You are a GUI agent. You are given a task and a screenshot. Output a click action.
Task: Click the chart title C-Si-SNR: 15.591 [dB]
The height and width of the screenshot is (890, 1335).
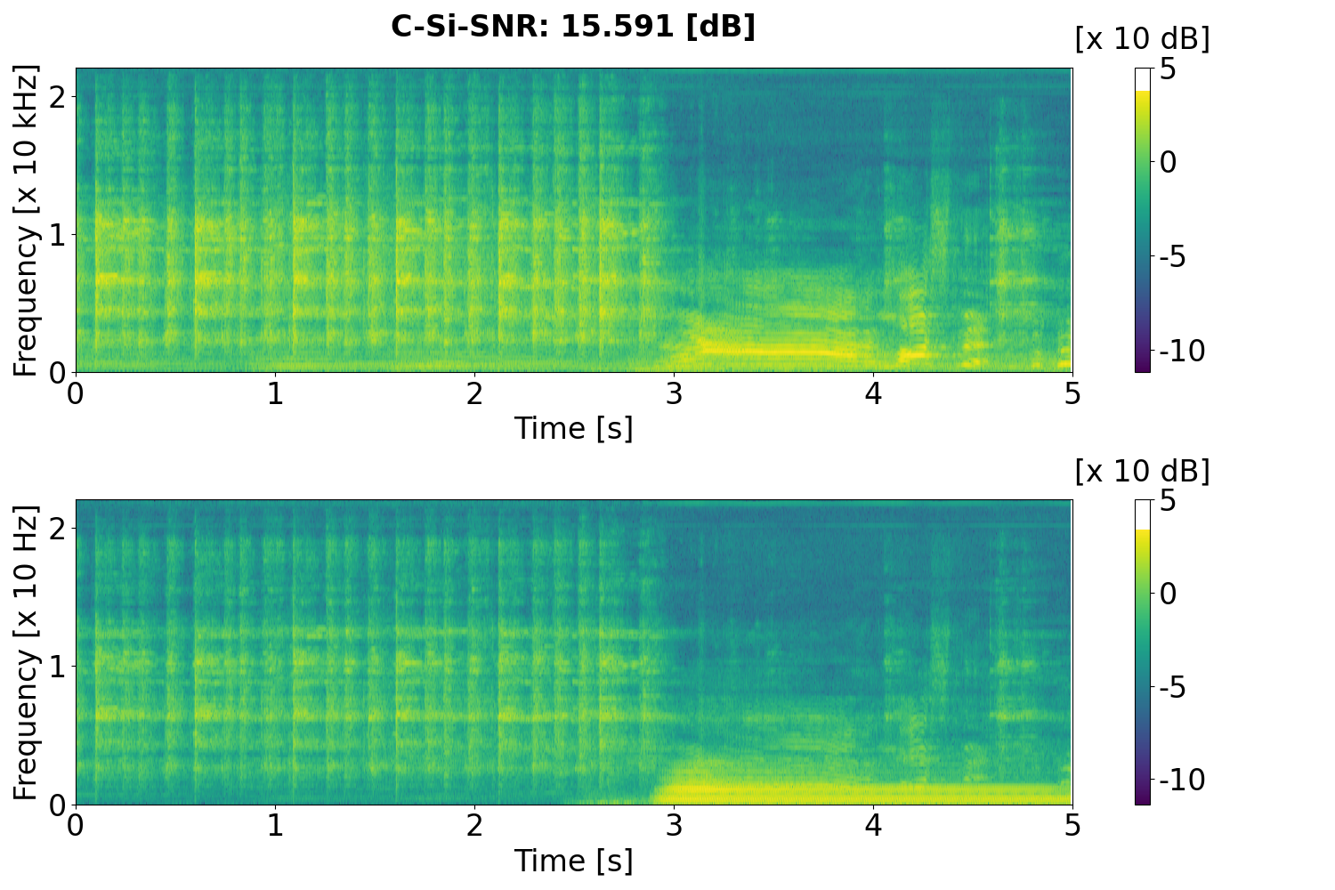click(x=573, y=27)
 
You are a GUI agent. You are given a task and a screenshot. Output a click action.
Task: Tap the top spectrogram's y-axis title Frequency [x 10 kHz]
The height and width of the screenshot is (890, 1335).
click(x=27, y=220)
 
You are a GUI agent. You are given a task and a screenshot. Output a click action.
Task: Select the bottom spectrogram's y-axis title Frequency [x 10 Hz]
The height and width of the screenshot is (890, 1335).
click(x=27, y=652)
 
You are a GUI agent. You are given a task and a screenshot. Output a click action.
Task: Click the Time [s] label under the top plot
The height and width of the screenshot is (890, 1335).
click(x=573, y=428)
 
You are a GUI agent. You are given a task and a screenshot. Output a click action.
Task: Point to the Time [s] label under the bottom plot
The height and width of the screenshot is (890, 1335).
click(x=573, y=861)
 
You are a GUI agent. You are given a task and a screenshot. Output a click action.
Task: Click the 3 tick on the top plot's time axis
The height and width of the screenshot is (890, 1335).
click(x=674, y=393)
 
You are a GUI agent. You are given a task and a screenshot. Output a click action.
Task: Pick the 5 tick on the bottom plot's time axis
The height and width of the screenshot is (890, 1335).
click(x=1072, y=826)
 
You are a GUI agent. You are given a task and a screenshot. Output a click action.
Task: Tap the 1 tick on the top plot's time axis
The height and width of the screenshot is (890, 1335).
click(x=275, y=393)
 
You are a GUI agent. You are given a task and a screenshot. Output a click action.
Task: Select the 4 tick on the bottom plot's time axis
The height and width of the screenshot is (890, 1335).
click(x=873, y=826)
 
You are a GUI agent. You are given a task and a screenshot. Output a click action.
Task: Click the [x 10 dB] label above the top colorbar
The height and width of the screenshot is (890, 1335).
click(x=1142, y=38)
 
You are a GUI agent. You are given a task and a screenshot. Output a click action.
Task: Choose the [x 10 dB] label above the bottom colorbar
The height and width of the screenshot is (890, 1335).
click(x=1142, y=471)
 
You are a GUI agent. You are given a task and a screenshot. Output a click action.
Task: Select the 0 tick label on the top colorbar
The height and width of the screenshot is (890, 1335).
click(x=1169, y=163)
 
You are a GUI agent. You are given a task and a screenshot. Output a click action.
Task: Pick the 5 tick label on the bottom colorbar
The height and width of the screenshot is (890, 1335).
click(x=1168, y=501)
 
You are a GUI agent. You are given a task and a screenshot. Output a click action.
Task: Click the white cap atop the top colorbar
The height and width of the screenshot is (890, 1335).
click(x=1143, y=79)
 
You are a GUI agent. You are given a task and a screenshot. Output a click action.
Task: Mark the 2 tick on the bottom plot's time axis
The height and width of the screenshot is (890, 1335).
click(x=474, y=826)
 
